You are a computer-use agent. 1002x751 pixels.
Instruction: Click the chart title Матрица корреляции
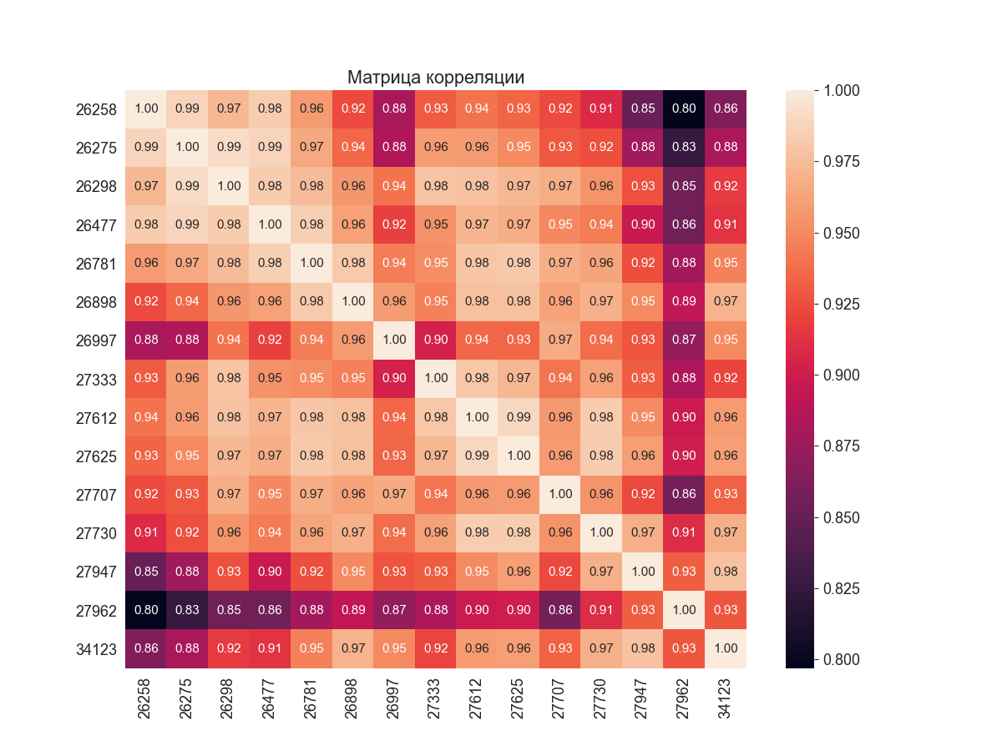tap(436, 78)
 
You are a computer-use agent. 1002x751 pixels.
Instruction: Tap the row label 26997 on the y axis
tap(95, 340)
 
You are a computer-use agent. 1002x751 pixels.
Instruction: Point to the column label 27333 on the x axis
tap(435, 698)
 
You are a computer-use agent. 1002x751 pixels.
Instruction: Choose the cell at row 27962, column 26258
tap(146, 610)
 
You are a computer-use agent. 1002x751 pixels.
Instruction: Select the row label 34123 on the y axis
tap(95, 648)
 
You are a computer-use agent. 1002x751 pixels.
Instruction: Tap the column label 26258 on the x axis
tap(145, 698)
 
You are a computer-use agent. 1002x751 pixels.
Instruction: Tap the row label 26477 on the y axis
tap(95, 224)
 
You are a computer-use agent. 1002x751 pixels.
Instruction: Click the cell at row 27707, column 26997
tap(394, 494)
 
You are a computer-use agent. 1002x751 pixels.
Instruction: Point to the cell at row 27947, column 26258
tap(146, 572)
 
